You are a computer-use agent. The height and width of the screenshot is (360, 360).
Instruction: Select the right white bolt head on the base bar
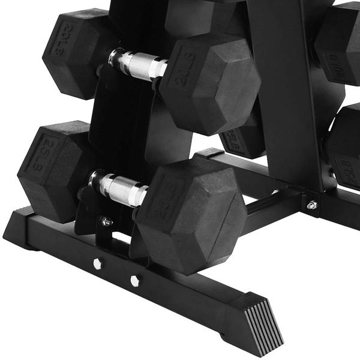(x=135, y=281)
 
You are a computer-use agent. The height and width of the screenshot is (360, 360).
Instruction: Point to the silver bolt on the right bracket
(x=311, y=205)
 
